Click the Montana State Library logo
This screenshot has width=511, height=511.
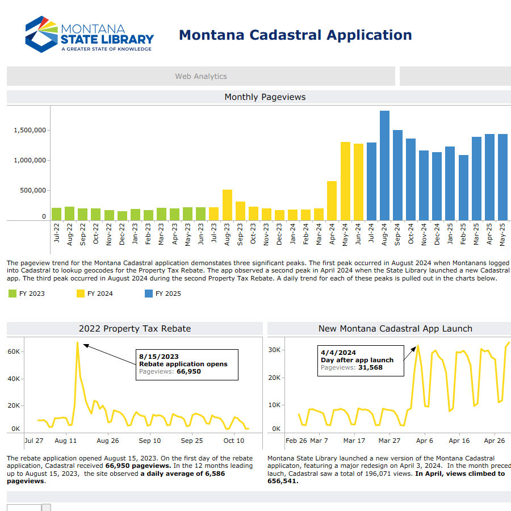(89, 35)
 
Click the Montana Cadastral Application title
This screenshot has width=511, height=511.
(295, 35)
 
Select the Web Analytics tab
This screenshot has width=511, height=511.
(200, 76)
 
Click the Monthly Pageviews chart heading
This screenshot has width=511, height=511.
(265, 97)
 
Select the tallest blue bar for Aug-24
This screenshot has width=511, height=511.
(384, 165)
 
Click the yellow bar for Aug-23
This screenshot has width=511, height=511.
(227, 205)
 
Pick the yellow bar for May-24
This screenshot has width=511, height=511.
(345, 181)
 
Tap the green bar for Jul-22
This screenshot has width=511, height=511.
(57, 214)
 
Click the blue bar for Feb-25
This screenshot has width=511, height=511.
(463, 187)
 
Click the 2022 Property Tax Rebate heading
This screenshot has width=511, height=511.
(135, 329)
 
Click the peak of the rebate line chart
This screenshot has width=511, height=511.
(78, 342)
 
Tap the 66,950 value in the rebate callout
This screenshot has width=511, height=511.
(189, 371)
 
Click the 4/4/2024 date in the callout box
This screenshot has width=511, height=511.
(338, 353)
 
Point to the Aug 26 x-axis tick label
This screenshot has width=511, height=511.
(108, 441)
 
